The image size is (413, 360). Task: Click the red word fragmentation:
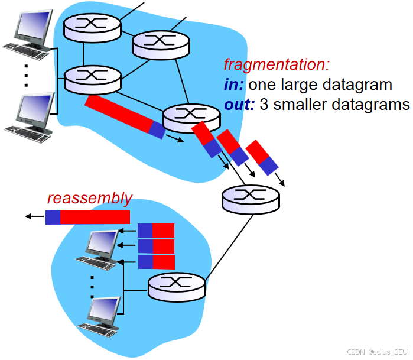pos(276,64)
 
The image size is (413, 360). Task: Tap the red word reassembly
pos(89,198)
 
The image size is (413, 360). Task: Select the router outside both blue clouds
pos(250,199)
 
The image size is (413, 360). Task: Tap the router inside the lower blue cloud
pos(177,286)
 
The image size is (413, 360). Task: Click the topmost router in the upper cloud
pos(92,24)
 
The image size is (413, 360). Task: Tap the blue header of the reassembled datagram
pos(53,217)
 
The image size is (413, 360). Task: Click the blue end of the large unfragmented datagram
pos(157,129)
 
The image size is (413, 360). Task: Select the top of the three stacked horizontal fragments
pos(156,230)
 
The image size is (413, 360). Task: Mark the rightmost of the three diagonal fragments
pos(262,158)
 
